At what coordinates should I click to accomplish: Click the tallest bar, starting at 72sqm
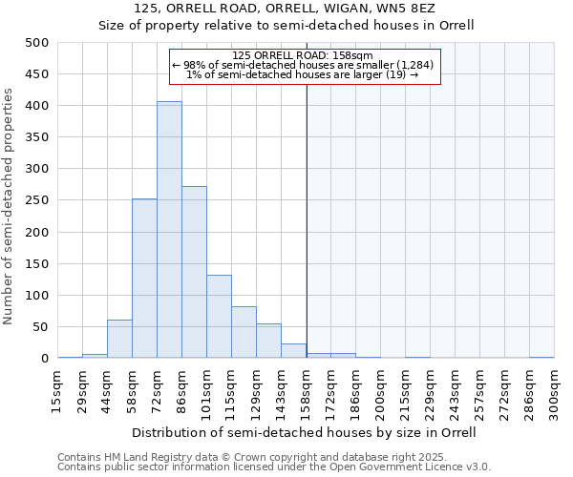tap(169, 230)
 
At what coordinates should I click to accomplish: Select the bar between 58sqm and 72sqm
tap(144, 279)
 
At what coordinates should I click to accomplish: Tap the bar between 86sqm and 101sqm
tap(194, 272)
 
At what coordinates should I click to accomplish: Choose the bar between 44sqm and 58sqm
tap(119, 339)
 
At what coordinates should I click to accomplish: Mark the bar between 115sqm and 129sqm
tap(244, 332)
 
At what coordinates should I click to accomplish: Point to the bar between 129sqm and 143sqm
tap(268, 341)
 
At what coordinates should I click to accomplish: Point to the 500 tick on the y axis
tap(36, 43)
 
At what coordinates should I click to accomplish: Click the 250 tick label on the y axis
tap(36, 200)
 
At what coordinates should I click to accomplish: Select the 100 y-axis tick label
tap(36, 295)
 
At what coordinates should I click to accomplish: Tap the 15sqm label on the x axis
tap(57, 392)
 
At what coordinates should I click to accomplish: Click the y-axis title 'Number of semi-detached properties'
tap(10, 206)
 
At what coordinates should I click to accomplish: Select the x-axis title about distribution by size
tap(305, 432)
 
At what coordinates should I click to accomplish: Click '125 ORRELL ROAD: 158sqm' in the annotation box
tap(305, 54)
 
